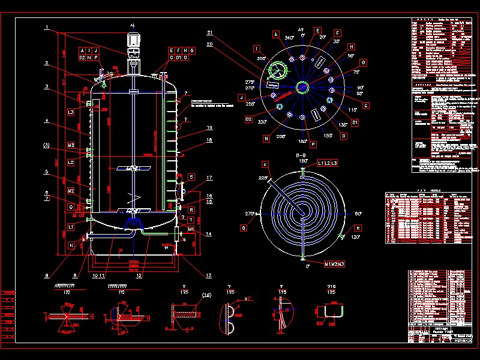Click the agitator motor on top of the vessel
(133, 44)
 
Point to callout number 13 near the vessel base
(209, 275)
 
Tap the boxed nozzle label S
(191, 177)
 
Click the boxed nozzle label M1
(191, 229)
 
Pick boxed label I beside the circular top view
(257, 49)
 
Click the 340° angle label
(289, 38)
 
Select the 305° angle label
(261, 59)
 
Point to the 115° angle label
(353, 110)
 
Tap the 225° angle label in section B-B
(262, 178)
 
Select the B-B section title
(302, 155)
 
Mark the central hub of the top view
(303, 88)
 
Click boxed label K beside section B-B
(264, 164)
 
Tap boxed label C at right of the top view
(366, 106)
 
